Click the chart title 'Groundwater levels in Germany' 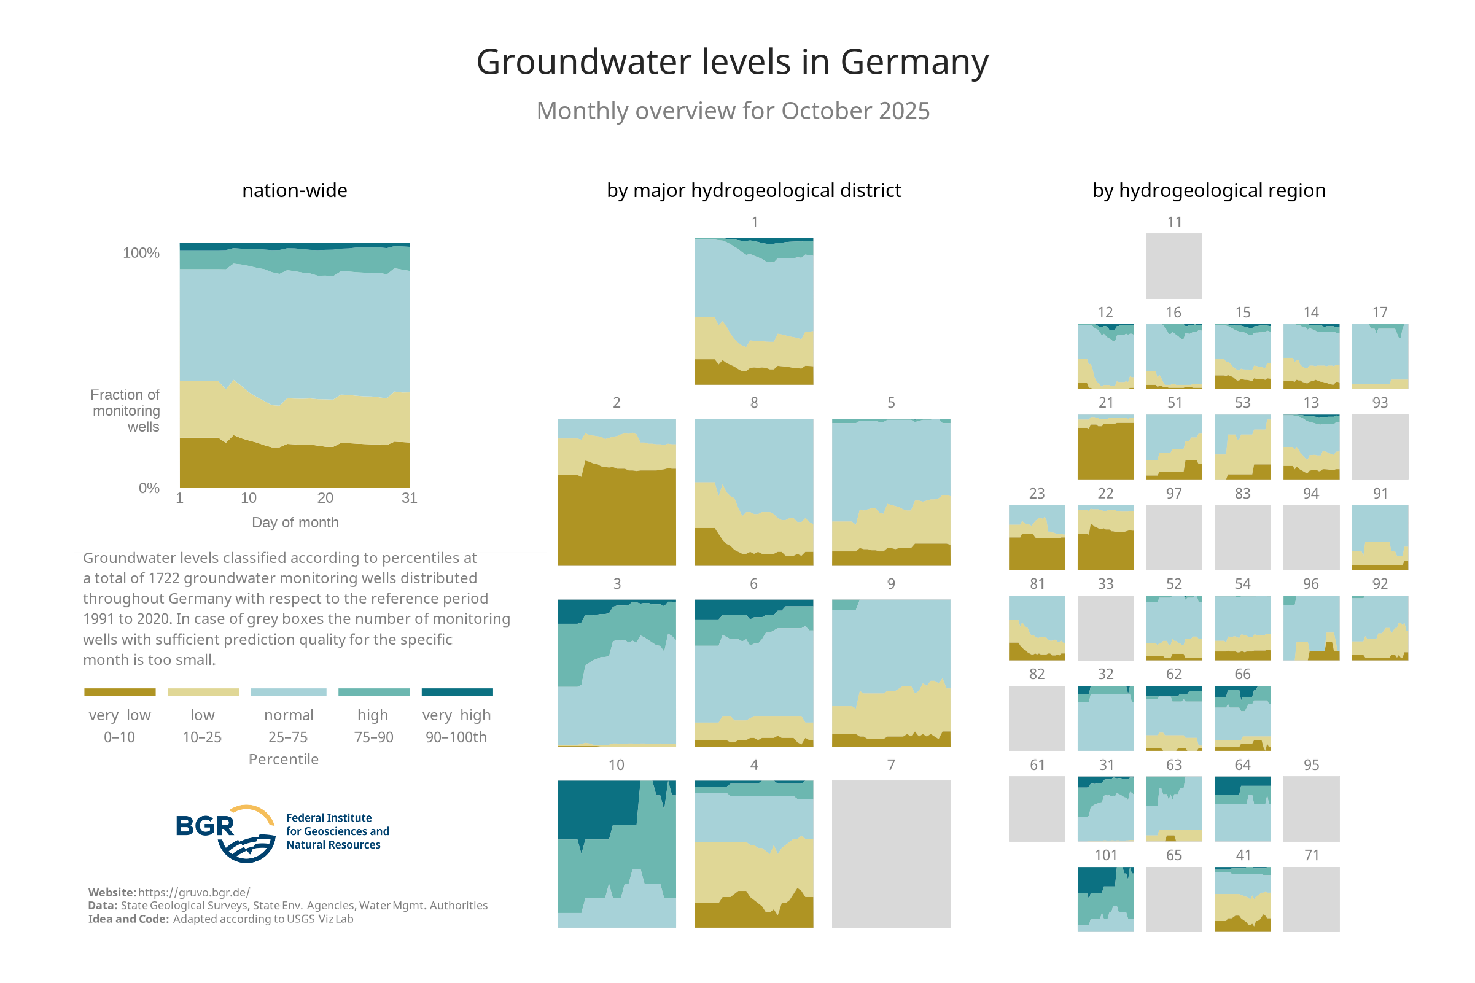tap(732, 62)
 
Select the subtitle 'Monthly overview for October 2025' tap(733, 111)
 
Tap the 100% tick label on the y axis tap(141, 252)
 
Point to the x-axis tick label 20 tap(325, 498)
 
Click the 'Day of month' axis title tap(295, 523)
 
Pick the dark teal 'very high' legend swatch tap(457, 691)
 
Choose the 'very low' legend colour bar tap(120, 691)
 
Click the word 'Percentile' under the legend tap(283, 759)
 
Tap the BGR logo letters tap(205, 826)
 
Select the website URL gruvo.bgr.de tap(193, 892)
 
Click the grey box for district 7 tap(891, 853)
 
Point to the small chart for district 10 tap(616, 853)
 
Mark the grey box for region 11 tap(1173, 266)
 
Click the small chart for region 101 tap(1105, 899)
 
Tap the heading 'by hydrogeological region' tap(1208, 190)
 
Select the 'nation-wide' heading tap(295, 190)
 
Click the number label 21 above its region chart tap(1106, 403)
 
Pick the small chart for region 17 tap(1380, 356)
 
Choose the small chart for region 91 tap(1380, 537)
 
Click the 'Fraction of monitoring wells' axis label tap(126, 411)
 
